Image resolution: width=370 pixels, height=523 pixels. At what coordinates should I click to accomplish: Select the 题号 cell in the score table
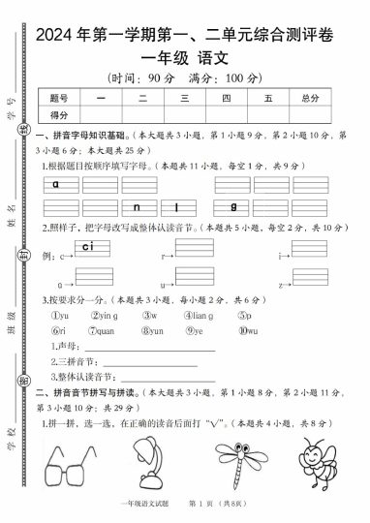[58, 98]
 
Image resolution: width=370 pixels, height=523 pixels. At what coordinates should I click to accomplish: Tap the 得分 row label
[58, 113]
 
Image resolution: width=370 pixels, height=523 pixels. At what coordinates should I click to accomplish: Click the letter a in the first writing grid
[57, 182]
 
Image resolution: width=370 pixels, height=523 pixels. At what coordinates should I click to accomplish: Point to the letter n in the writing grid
[138, 207]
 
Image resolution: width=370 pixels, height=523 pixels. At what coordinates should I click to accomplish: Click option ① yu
[60, 315]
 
